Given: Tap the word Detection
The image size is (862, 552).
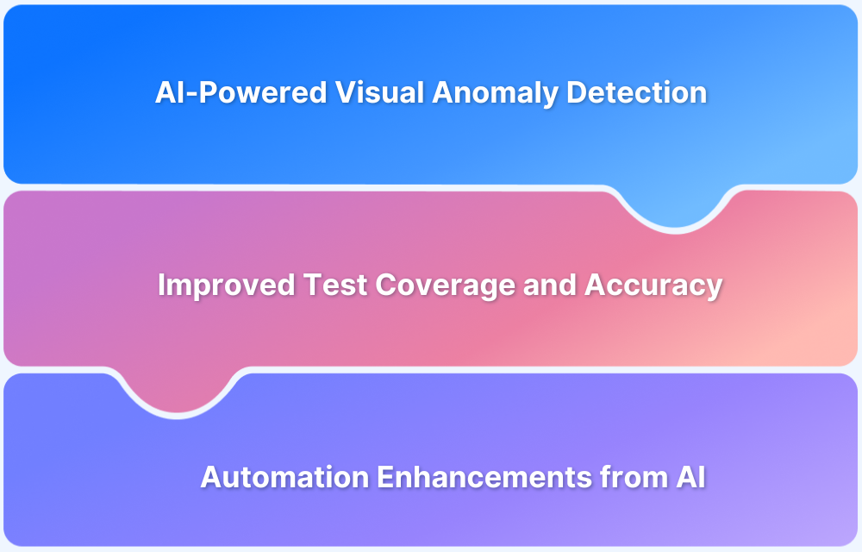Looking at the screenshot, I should [x=636, y=93].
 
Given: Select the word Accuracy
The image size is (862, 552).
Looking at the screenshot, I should [x=653, y=285].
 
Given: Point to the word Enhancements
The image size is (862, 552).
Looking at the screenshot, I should [x=457, y=476].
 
